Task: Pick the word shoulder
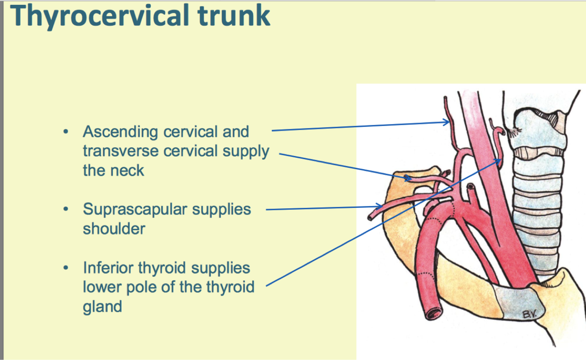114,229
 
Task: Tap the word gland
102,306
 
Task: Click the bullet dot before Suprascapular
66,209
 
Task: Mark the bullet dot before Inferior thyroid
66,268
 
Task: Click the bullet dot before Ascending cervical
66,132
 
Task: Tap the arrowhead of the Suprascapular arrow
379,206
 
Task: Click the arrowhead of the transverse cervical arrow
408,178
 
